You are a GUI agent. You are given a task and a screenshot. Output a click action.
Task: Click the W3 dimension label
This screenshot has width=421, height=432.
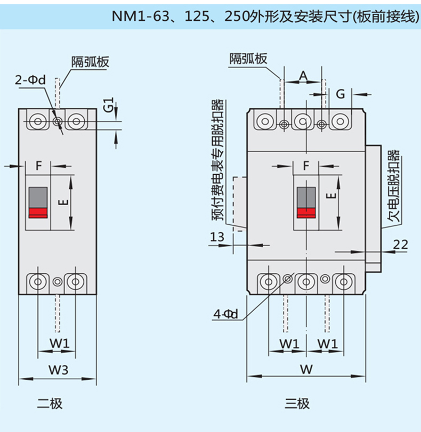click(x=59, y=370)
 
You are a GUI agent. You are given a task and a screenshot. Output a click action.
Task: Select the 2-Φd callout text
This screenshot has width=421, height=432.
click(x=30, y=80)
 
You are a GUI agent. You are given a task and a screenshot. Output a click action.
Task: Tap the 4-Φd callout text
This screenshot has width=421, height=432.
click(x=225, y=314)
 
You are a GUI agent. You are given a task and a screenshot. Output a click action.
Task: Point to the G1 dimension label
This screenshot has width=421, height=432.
click(x=109, y=104)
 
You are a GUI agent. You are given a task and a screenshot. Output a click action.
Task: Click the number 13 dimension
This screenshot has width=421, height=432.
click(x=217, y=237)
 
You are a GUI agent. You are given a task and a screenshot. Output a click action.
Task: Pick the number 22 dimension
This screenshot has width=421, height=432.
click(x=400, y=244)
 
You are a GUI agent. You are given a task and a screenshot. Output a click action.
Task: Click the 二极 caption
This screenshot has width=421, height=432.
click(x=50, y=403)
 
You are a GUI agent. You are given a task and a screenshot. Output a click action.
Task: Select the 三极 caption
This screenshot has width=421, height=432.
click(x=297, y=403)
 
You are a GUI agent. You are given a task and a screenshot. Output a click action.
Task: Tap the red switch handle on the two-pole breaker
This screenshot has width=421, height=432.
click(x=38, y=213)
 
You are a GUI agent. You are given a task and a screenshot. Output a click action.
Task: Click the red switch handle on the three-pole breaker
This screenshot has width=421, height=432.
click(x=306, y=213)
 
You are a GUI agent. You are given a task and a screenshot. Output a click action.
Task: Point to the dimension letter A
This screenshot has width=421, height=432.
click(x=303, y=75)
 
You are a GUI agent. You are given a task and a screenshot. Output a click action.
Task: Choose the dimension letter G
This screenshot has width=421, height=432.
click(x=341, y=94)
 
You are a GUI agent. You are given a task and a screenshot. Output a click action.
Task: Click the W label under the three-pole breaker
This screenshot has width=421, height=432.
click(x=306, y=369)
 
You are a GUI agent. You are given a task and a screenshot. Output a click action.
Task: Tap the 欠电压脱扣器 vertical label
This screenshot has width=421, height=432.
click(x=393, y=186)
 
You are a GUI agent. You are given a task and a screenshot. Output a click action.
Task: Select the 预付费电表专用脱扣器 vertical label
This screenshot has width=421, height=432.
click(x=218, y=160)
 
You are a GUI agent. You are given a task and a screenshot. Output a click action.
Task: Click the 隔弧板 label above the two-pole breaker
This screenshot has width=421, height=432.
click(x=91, y=62)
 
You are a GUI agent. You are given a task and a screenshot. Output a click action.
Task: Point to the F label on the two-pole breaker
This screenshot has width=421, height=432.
click(x=38, y=166)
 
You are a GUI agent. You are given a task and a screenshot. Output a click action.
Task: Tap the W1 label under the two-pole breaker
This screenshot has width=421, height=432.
click(x=60, y=343)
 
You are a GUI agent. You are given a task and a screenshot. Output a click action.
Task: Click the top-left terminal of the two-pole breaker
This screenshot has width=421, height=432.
click(x=38, y=121)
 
